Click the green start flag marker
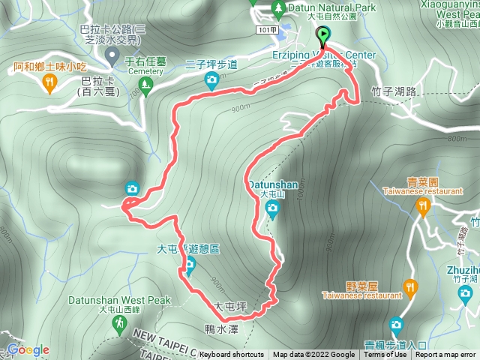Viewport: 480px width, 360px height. coord(323,35)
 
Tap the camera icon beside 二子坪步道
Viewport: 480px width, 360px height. coord(211,79)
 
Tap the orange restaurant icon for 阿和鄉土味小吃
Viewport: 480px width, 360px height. coord(49,82)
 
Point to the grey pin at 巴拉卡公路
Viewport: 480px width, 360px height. coord(112,55)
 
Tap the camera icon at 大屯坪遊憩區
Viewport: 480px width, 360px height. coord(190,264)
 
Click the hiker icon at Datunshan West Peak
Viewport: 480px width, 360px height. coord(118,323)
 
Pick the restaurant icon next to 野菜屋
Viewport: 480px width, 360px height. coord(409,286)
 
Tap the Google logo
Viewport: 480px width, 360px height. coord(28,350)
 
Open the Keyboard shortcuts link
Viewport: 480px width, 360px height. coord(232,355)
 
